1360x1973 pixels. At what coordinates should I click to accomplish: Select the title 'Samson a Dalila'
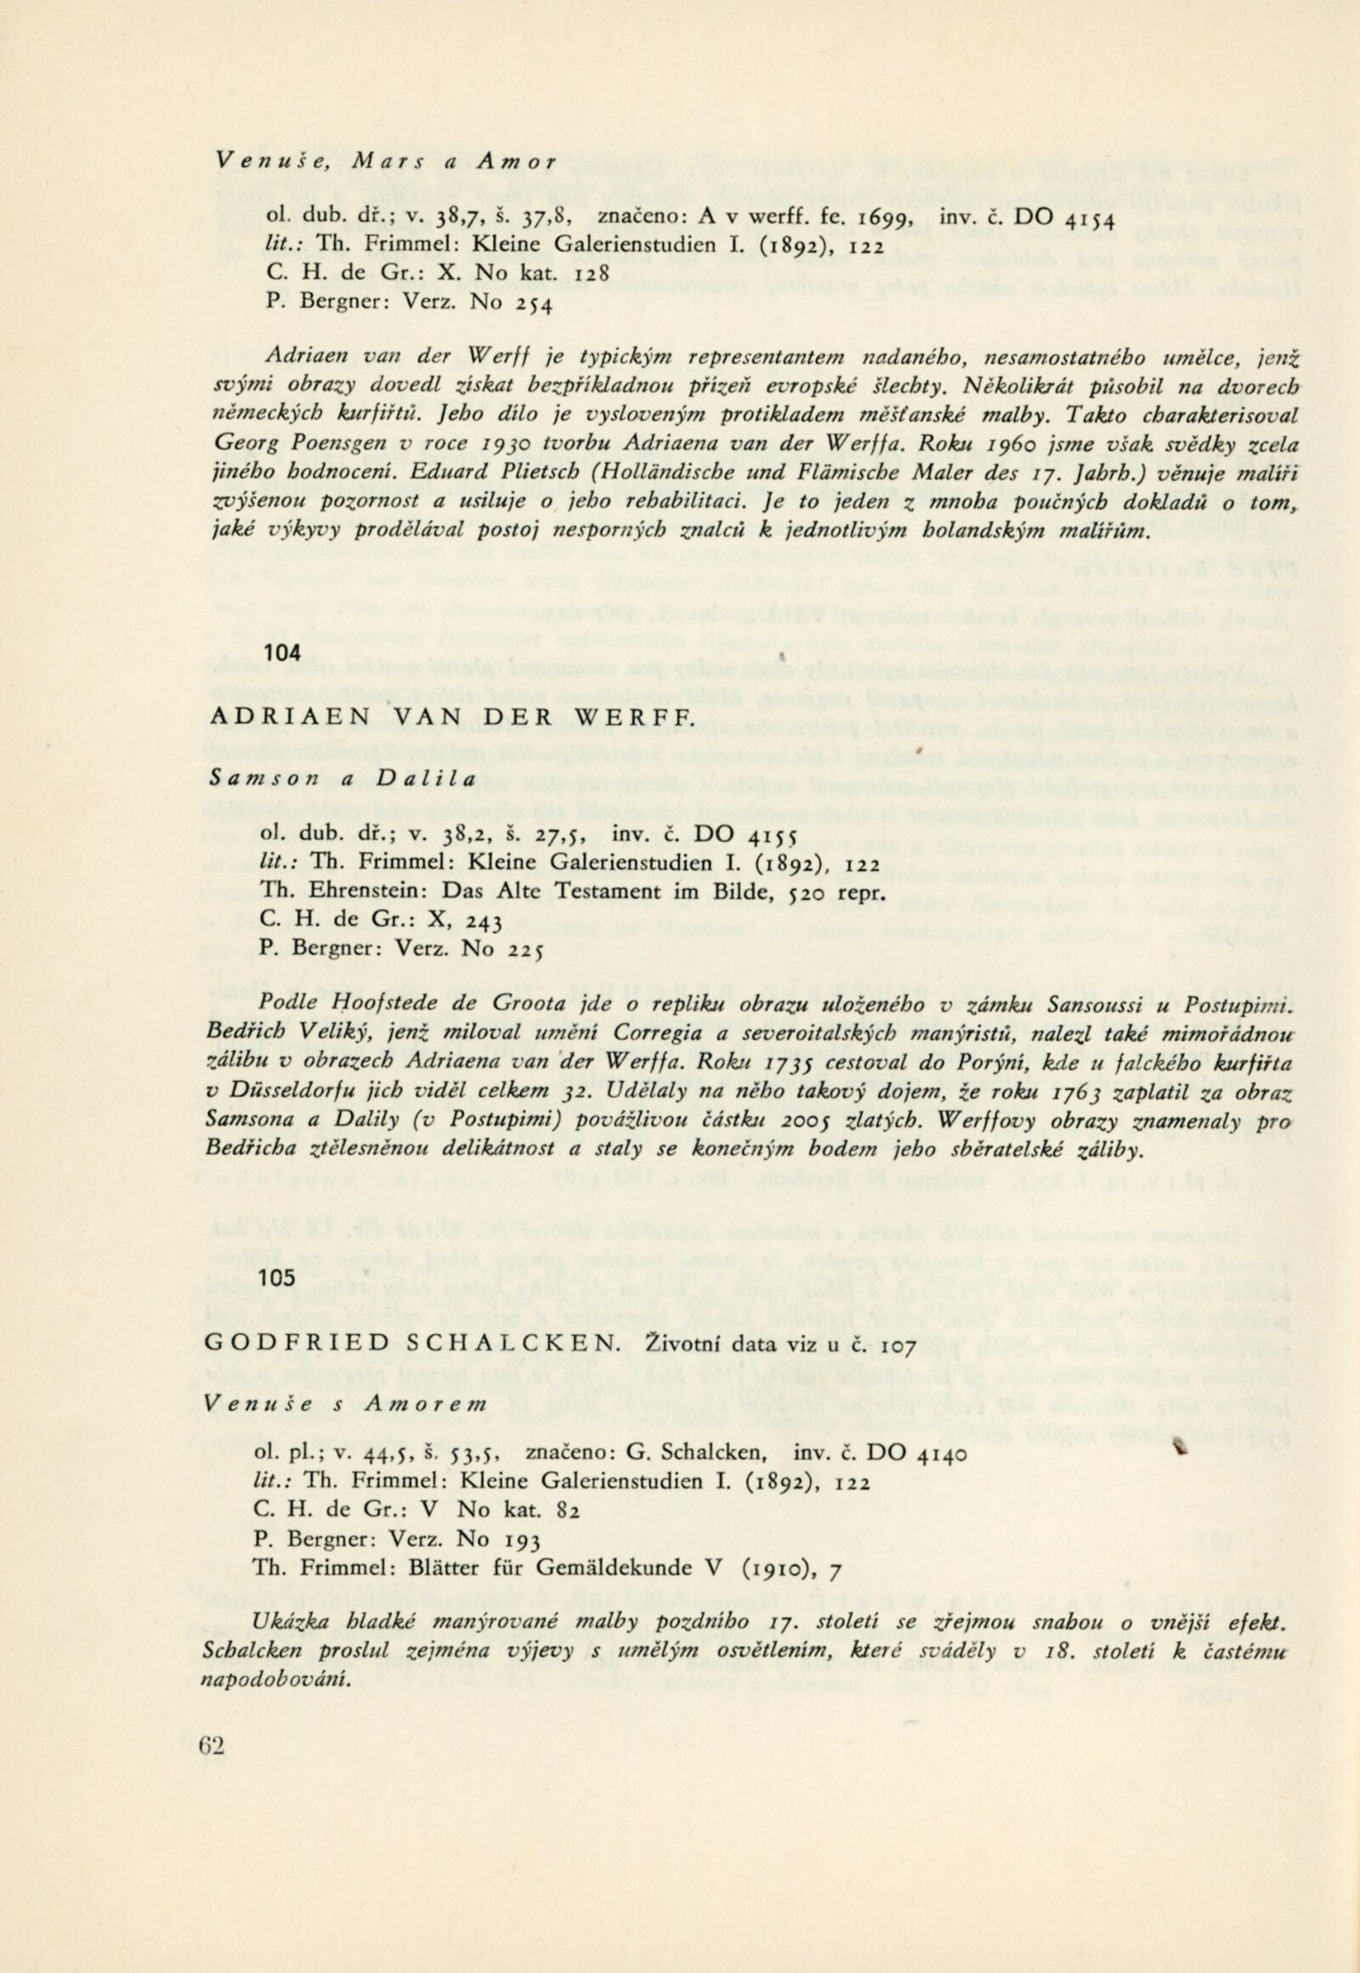click(343, 778)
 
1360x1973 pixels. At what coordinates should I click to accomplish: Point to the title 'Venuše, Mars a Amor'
click(387, 159)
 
